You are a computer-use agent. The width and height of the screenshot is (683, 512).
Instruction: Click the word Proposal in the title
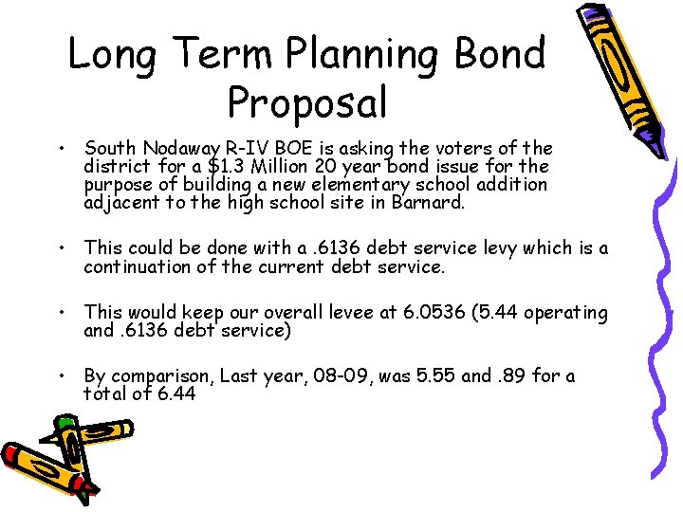(307, 102)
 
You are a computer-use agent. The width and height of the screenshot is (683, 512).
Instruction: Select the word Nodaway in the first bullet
(179, 149)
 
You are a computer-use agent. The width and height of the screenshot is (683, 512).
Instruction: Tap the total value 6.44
(175, 393)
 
